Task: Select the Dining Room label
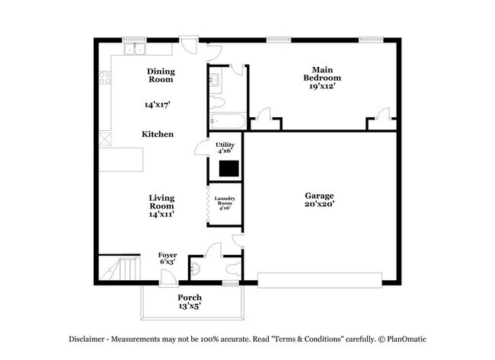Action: [x=161, y=75]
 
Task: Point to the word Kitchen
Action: [x=158, y=134]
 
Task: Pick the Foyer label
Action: [x=168, y=255]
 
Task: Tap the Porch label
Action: [x=190, y=297]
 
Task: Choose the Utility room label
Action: [x=225, y=145]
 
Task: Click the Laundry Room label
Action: [x=225, y=201]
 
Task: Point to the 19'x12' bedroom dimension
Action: [x=322, y=87]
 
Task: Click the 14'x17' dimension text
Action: [x=158, y=105]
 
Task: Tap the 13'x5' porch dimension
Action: [x=190, y=307]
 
